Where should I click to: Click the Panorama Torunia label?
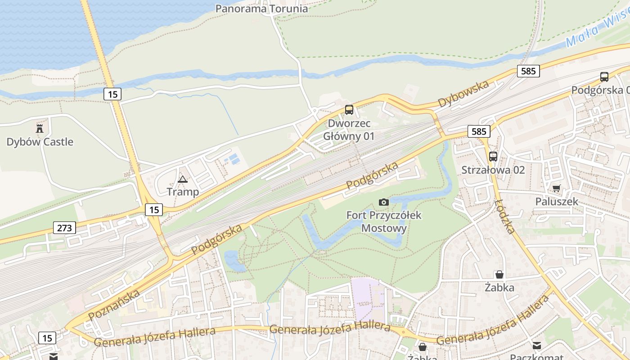(x=261, y=9)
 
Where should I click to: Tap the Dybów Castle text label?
(x=40, y=142)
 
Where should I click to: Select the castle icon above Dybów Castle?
(x=40, y=128)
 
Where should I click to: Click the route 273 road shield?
(x=64, y=228)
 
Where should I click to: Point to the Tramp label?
(x=183, y=192)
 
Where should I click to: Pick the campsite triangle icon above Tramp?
(x=182, y=179)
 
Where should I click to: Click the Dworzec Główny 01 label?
(x=349, y=130)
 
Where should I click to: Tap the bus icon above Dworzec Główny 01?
(x=349, y=109)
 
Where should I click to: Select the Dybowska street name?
(x=463, y=94)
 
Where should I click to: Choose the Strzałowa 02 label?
(x=493, y=170)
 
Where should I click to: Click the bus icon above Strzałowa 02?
(x=493, y=157)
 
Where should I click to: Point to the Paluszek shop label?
(x=557, y=202)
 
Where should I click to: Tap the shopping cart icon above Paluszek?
(x=557, y=189)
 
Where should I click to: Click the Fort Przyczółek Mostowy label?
(x=384, y=221)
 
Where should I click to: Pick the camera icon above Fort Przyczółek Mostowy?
(x=384, y=202)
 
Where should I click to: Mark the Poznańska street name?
(x=114, y=305)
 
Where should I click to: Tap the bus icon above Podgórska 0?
(x=604, y=77)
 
